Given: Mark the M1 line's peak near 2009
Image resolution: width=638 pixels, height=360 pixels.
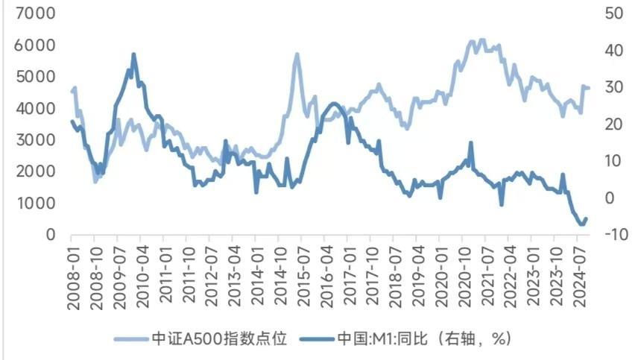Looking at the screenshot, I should [x=133, y=54].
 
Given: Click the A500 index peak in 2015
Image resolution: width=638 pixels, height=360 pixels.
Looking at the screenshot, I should [x=297, y=54].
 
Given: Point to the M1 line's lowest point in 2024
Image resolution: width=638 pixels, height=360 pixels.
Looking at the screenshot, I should [x=581, y=224].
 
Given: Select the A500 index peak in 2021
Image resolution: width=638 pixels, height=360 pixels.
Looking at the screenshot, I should [x=481, y=40].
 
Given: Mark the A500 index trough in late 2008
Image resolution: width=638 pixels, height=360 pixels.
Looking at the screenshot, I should [x=95, y=180].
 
